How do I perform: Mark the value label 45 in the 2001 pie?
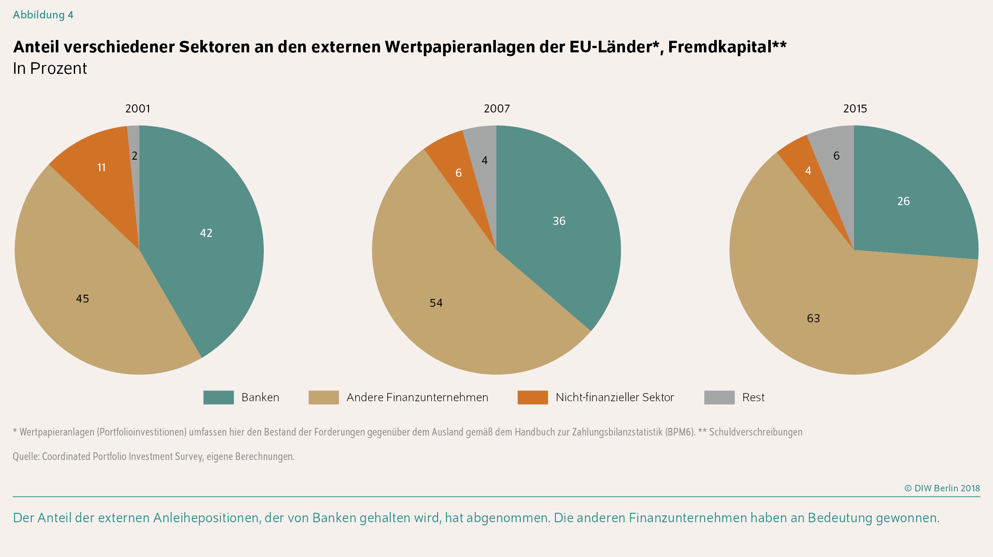pyautogui.click(x=82, y=299)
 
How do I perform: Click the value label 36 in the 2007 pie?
pyautogui.click(x=559, y=221)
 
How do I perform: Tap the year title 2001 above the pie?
pyautogui.click(x=138, y=109)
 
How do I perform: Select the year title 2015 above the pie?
pyautogui.click(x=855, y=109)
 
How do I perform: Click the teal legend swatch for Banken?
pyautogui.click(x=218, y=397)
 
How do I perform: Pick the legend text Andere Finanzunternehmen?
pyautogui.click(x=417, y=397)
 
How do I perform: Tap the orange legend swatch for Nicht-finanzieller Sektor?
pyautogui.click(x=532, y=397)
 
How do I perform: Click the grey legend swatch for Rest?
pyautogui.click(x=719, y=397)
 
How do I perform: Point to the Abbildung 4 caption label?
pyautogui.click(x=43, y=15)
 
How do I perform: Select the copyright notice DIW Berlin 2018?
pyautogui.click(x=942, y=488)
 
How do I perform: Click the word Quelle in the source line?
pyautogui.click(x=26, y=457)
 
